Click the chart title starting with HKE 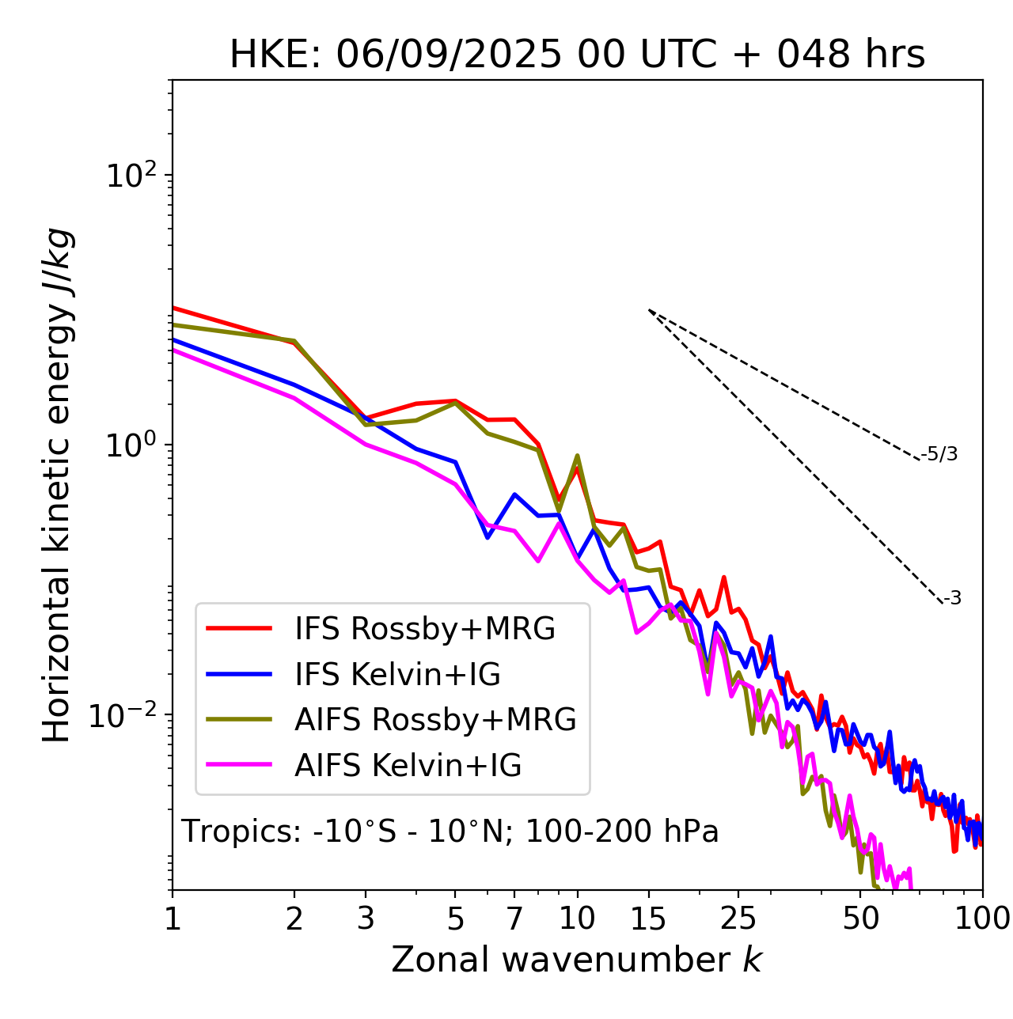(x=577, y=55)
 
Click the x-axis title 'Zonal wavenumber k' (x=576, y=960)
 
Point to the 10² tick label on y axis (x=130, y=176)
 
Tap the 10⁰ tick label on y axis (x=130, y=445)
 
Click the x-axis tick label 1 (x=173, y=919)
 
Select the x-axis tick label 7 (x=514, y=919)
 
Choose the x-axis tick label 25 (x=738, y=919)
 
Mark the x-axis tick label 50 (x=861, y=919)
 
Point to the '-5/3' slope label (x=939, y=455)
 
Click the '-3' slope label (x=953, y=599)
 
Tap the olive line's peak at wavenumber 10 (x=577, y=456)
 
